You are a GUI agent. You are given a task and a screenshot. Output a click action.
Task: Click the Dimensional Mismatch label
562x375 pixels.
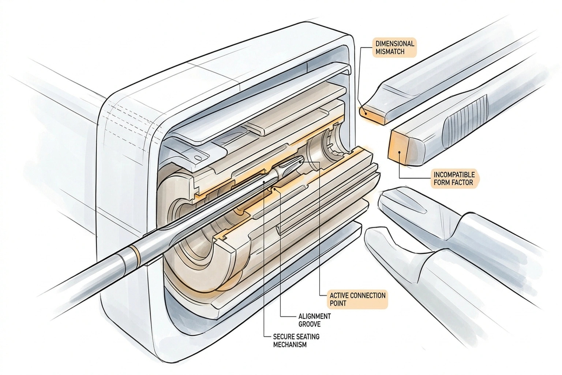(x=395, y=48)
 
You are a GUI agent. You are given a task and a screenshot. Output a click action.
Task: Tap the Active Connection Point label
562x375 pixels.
(x=357, y=299)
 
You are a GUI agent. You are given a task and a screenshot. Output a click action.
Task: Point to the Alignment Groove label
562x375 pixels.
(x=314, y=320)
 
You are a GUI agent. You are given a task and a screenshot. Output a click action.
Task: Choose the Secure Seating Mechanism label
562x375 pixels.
(x=296, y=340)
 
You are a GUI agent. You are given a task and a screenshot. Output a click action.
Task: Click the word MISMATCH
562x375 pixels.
(x=390, y=52)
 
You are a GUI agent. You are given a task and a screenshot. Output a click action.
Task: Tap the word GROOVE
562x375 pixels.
(x=309, y=324)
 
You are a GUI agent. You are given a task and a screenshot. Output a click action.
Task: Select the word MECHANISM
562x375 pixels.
(x=290, y=345)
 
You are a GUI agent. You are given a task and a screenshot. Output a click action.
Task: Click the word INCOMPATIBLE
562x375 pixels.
(x=454, y=174)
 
